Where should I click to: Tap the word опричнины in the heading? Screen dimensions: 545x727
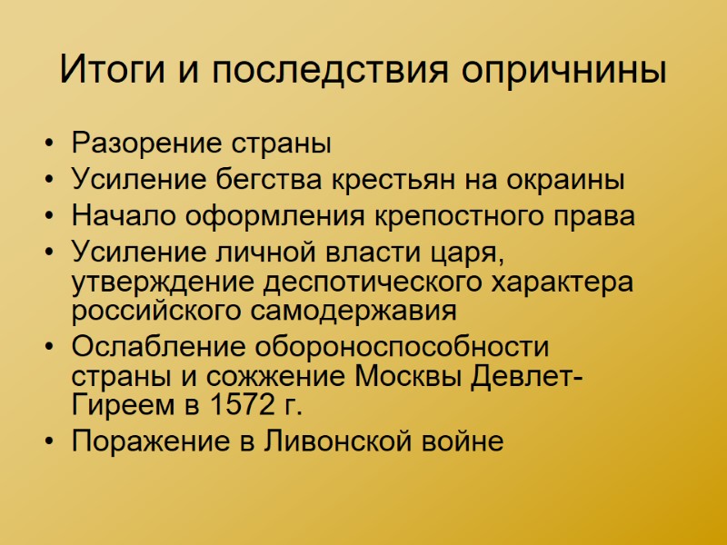click(564, 70)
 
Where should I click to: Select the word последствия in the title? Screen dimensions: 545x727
click(322, 70)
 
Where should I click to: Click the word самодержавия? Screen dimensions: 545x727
click(354, 311)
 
